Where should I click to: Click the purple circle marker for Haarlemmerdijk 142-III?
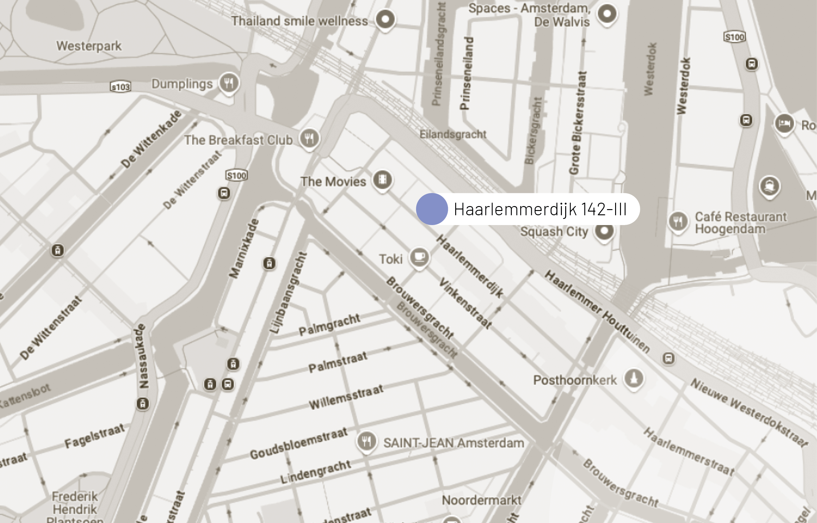[431, 209]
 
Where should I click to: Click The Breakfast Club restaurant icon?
[309, 138]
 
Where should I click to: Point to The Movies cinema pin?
[383, 180]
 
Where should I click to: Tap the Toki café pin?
[419, 257]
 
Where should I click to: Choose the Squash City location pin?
[604, 231]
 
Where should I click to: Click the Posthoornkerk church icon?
[634, 378]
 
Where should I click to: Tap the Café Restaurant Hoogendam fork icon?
[678, 221]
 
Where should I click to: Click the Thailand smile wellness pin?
[385, 19]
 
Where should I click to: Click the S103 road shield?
[121, 87]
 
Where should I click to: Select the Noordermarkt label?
[481, 500]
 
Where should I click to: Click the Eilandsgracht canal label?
[453, 134]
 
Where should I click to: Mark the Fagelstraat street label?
[94, 436]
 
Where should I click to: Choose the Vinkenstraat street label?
[465, 303]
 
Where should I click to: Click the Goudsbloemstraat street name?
[299, 443]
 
